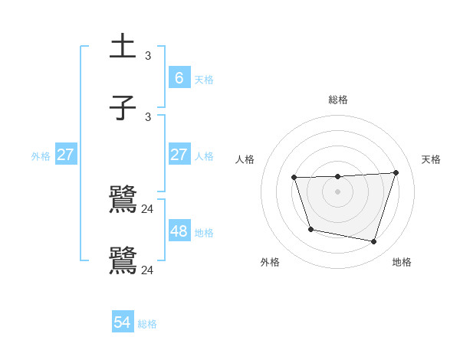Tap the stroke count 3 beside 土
[x=148, y=56]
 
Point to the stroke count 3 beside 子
[x=148, y=116]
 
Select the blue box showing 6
[x=179, y=77]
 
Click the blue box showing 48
[x=179, y=231]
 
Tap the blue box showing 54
[x=123, y=322]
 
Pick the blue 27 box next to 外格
[x=66, y=154]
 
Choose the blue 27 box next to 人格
[x=179, y=154]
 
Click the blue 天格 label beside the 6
[x=204, y=79]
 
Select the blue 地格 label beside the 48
[x=204, y=232]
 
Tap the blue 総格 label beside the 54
[x=147, y=324]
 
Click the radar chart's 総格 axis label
[x=338, y=100]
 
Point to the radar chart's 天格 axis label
[x=432, y=159]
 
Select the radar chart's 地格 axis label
[x=402, y=263]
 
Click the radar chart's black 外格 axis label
[x=270, y=263]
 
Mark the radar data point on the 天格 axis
[x=396, y=172]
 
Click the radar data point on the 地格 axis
[x=374, y=242]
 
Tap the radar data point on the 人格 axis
[x=294, y=178]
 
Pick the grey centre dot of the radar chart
[x=337, y=191]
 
